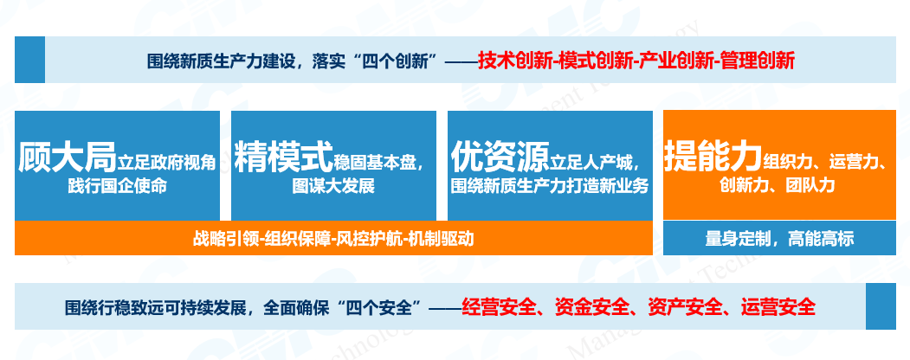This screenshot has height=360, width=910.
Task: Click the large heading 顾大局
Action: point(68,158)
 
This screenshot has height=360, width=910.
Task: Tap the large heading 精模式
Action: point(284,158)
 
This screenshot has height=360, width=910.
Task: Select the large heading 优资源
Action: point(500,158)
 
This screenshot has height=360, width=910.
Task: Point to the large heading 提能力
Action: point(713,156)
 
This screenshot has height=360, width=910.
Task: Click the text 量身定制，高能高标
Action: point(779,238)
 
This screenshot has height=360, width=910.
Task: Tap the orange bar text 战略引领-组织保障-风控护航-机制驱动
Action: point(333,238)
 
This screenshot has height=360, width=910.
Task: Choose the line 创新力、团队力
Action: point(778,185)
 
